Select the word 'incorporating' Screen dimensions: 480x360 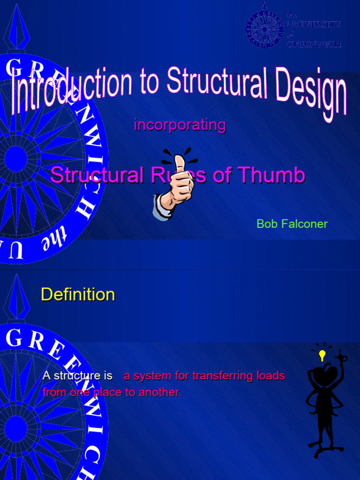(180, 125)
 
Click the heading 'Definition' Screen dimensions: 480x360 (78, 294)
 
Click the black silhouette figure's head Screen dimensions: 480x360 (325, 375)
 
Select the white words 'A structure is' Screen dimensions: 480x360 (77, 376)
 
